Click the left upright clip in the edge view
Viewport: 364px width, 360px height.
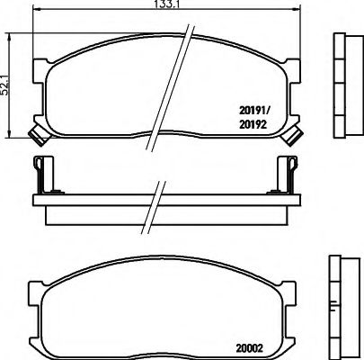click(x=39, y=175)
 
